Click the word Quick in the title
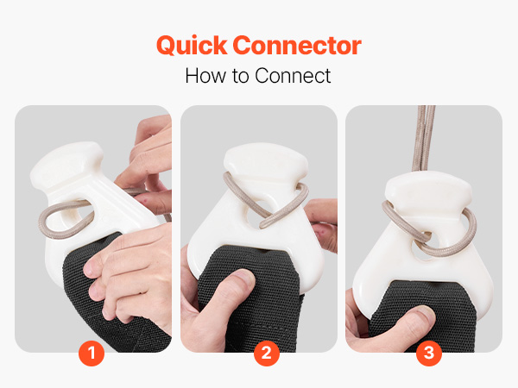coord(192,46)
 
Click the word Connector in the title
coord(297,45)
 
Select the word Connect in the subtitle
coord(293,76)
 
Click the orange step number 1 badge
coord(92,354)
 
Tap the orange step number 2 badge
coord(267,354)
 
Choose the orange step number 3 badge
coord(429,354)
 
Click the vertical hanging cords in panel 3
coord(424,139)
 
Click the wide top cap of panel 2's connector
coord(266,160)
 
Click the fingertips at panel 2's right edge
coord(322,224)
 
